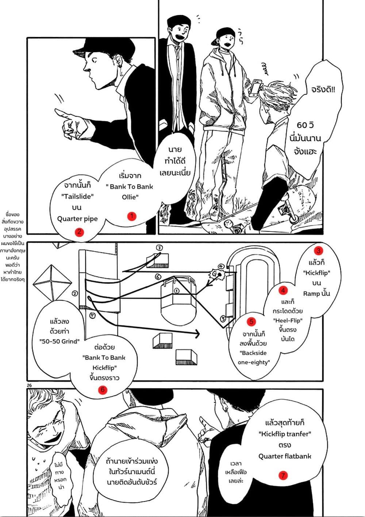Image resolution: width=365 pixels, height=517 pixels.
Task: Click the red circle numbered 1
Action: (x=131, y=216)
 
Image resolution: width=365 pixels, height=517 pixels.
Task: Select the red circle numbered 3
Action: (x=319, y=251)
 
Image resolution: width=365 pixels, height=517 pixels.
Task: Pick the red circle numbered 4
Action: (x=283, y=290)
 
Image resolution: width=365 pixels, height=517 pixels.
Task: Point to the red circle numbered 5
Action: (x=251, y=322)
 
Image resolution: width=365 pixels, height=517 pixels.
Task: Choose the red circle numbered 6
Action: (x=103, y=389)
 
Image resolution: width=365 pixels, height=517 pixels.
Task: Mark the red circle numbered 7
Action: (x=283, y=475)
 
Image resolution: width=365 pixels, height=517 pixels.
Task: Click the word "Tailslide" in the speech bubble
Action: (x=77, y=196)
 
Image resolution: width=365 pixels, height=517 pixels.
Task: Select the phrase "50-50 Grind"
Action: (x=59, y=342)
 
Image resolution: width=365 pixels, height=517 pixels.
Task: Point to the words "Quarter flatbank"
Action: (x=285, y=456)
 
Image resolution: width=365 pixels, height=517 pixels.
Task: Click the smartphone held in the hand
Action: (x=256, y=87)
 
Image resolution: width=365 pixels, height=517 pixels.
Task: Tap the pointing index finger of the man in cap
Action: (x=62, y=111)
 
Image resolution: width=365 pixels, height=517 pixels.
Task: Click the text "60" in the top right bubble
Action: (x=302, y=125)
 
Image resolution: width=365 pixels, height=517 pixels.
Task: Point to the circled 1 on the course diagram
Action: (x=177, y=291)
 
